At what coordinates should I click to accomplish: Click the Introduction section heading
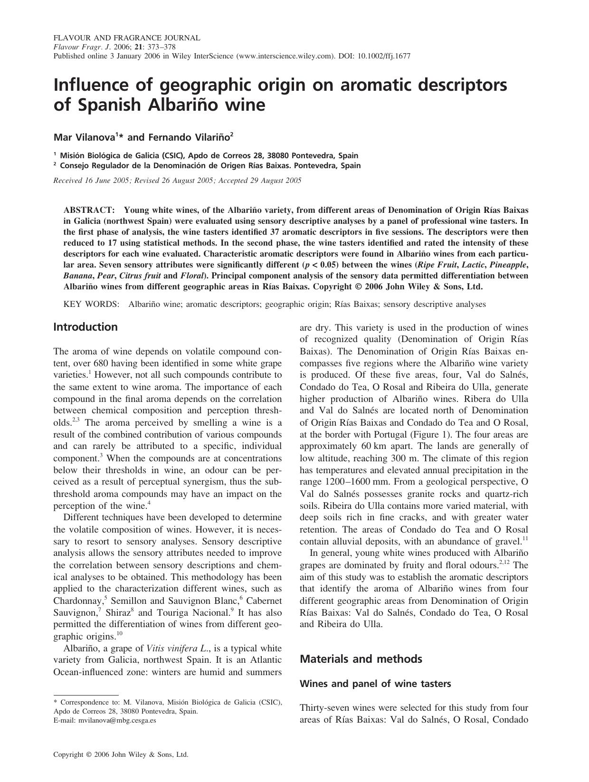(x=85, y=327)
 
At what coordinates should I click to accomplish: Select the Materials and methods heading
(x=361, y=659)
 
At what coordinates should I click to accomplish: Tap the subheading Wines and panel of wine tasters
(x=375, y=684)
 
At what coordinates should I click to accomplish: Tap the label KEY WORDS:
(x=91, y=304)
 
